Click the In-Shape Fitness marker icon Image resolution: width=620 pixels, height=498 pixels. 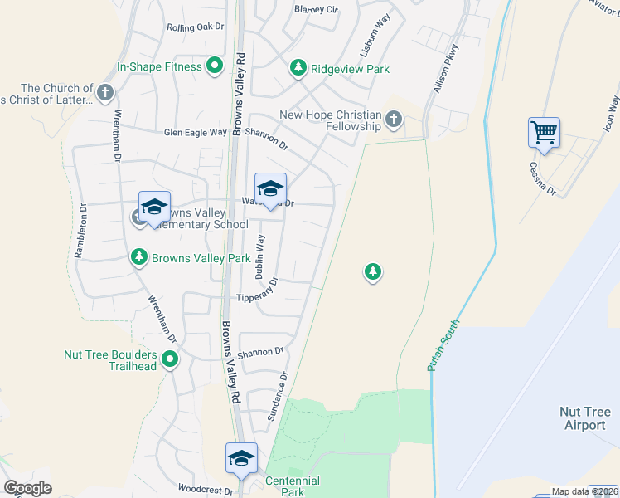click(x=215, y=66)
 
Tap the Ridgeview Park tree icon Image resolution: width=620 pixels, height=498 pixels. click(x=298, y=69)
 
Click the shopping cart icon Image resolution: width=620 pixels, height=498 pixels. click(x=544, y=131)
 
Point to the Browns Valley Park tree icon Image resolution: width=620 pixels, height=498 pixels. click(x=140, y=258)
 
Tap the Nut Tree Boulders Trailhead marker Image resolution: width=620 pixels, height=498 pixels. click(x=170, y=359)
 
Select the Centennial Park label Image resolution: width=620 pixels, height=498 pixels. click(x=293, y=486)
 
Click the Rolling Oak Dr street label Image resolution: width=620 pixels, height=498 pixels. click(x=196, y=27)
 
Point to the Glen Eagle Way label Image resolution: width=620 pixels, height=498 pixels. click(x=195, y=132)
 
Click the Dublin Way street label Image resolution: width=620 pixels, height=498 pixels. click(x=260, y=256)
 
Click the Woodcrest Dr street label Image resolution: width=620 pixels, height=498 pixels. click(x=205, y=491)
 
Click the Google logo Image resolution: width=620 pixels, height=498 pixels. click(x=27, y=488)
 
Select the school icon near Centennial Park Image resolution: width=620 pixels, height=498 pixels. click(x=241, y=458)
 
